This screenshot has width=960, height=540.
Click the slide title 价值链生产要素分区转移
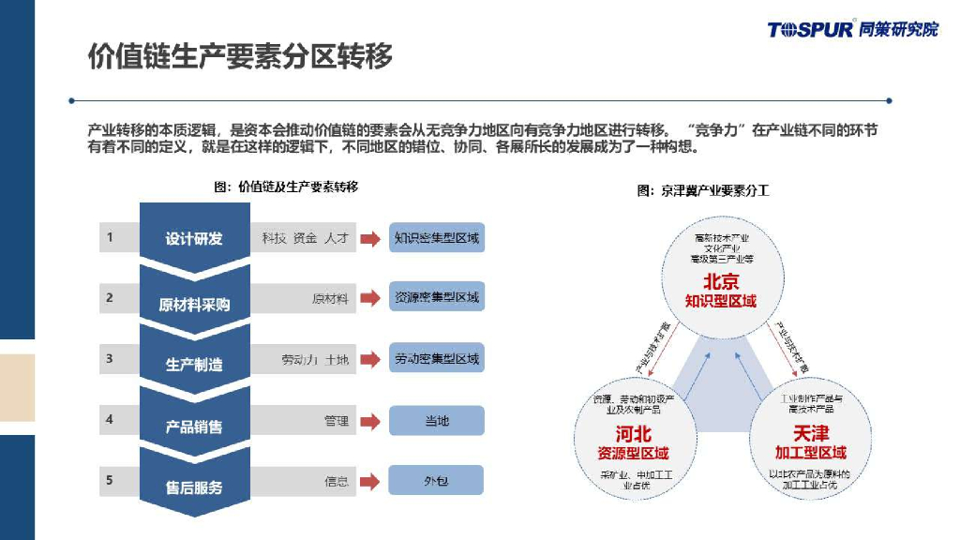coord(239,56)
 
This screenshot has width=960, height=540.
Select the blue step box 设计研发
coord(194,238)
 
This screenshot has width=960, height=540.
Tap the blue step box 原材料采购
coord(194,304)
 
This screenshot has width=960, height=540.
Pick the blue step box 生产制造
coord(194,364)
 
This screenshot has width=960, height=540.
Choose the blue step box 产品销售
coord(194,427)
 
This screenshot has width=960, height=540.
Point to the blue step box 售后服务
coord(194,487)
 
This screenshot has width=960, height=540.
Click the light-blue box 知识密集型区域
coord(437,238)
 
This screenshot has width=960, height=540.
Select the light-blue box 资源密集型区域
coord(437,297)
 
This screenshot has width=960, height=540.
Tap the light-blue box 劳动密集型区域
coord(437,358)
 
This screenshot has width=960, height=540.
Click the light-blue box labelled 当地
coord(437,421)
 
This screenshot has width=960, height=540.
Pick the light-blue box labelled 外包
coord(437,481)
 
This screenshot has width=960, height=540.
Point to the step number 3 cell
coord(110,358)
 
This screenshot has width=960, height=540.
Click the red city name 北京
coord(721,281)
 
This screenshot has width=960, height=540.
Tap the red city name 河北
coord(633,434)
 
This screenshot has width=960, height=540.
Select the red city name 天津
coord(810,434)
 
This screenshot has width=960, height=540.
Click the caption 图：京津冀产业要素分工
coord(702,190)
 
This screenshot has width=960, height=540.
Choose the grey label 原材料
coord(330,299)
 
